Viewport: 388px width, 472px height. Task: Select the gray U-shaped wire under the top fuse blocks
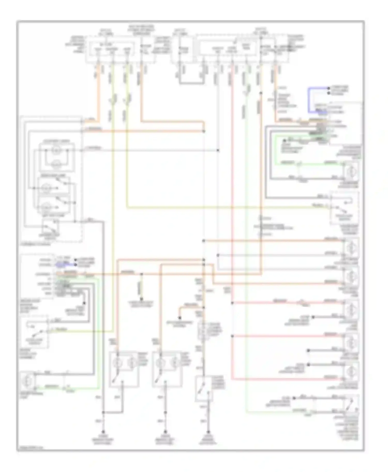[x=192, y=83]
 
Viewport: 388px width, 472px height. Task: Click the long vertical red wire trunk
[x=232, y=207]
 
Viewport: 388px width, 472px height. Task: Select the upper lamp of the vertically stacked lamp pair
[x=56, y=150]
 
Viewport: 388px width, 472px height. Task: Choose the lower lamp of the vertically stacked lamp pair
[x=56, y=164]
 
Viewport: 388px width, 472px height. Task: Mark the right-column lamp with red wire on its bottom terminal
[x=350, y=371]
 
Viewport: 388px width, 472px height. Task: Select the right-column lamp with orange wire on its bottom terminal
[x=350, y=276]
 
